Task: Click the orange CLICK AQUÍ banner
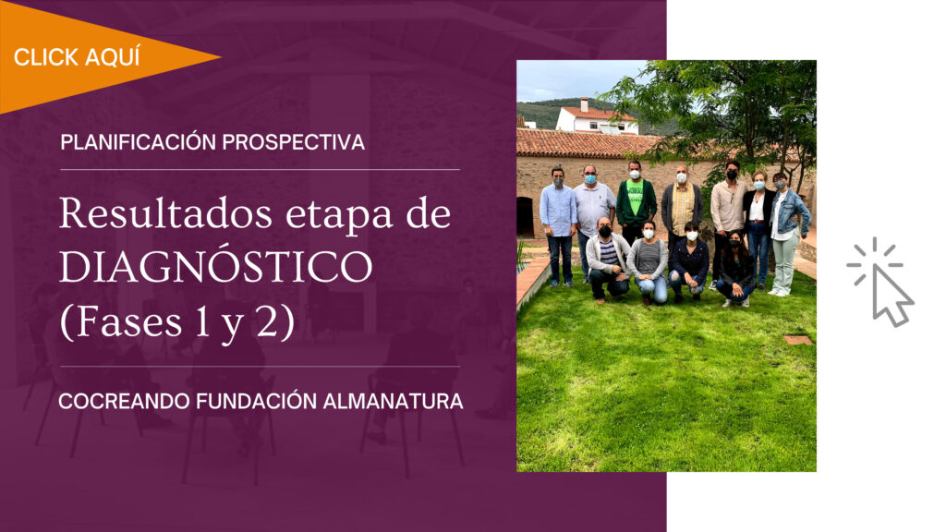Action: [91, 57]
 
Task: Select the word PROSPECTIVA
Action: [293, 142]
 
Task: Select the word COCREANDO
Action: [124, 401]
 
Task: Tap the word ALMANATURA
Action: [393, 401]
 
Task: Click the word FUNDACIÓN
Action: [256, 401]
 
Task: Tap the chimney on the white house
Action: [584, 104]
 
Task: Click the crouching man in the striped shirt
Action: [607, 260]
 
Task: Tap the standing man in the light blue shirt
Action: [558, 225]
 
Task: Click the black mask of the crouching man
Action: [604, 231]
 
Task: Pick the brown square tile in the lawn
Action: [797, 340]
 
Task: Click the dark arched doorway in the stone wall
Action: [525, 216]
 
